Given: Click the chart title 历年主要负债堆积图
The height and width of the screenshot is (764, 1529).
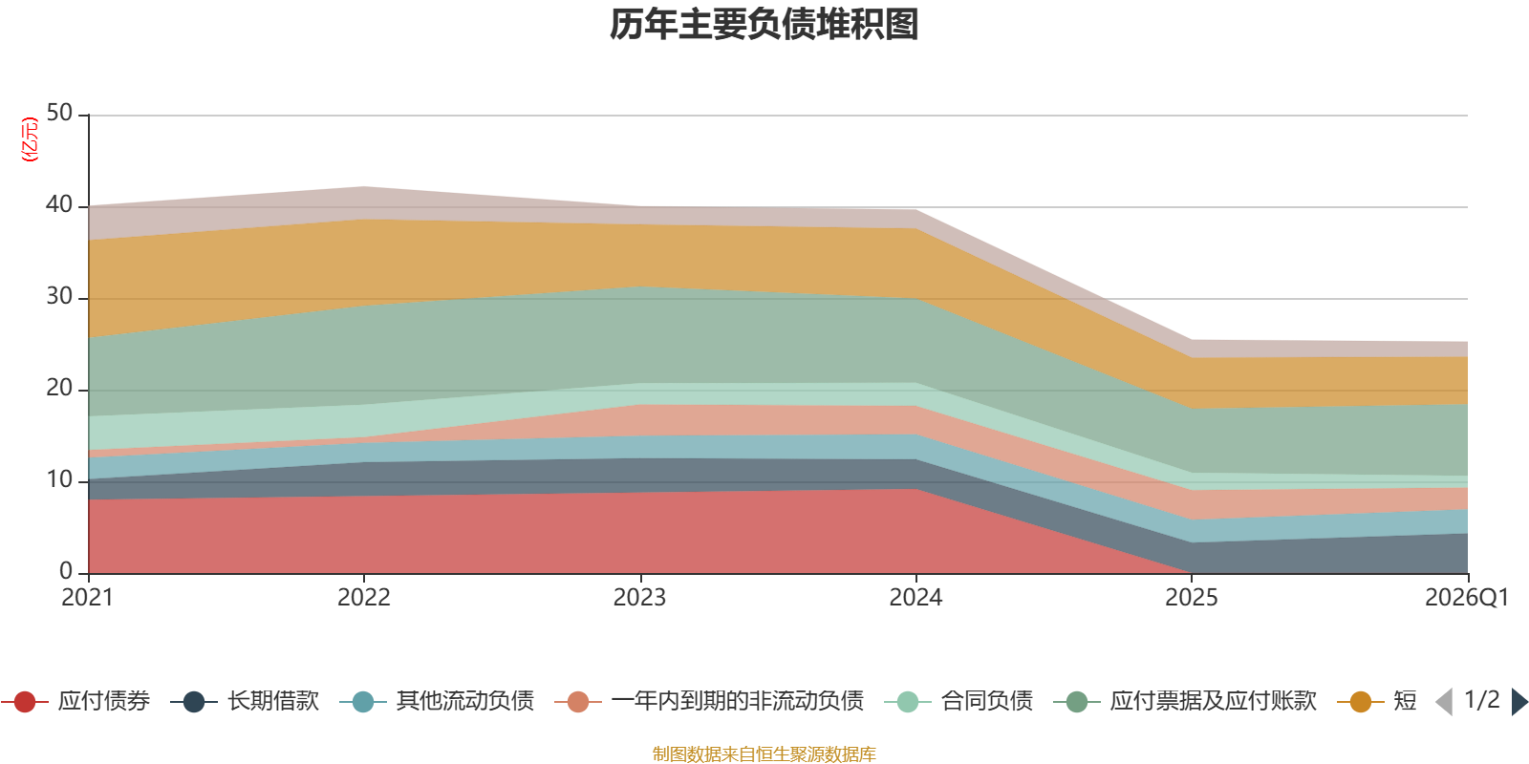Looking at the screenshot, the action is pos(764,25).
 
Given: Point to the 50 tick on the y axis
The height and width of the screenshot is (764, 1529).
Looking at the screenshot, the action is pos(59,113).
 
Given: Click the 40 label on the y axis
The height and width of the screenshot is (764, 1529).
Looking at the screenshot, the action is pos(59,204).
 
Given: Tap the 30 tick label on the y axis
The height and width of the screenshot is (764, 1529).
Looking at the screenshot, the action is pos(59,296).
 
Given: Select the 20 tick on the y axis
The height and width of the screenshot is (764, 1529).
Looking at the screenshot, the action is pos(59,388).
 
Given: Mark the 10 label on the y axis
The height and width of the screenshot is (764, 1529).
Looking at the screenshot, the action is pos(59,479).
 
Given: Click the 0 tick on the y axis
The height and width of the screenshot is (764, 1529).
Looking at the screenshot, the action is pos(66,571).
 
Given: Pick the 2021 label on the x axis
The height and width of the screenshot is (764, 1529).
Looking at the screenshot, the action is pos(87,598).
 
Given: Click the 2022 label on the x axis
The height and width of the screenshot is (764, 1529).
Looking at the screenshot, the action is pos(364,598).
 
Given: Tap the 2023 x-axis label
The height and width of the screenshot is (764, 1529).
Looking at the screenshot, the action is pos(639,598).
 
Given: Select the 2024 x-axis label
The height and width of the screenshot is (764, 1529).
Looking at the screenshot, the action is pos(916,598).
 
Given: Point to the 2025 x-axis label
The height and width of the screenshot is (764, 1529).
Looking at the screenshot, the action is pos(1192,598).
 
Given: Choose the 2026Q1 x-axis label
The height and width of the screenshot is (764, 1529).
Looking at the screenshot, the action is pos(1467,598).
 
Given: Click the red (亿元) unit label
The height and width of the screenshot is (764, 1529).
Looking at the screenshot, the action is pos(30,139).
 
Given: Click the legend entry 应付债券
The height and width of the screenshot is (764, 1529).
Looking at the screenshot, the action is pos(75,701).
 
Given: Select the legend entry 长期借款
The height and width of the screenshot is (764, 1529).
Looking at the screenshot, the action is pos(245,701).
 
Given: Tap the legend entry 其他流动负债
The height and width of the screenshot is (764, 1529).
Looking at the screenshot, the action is pos(437,701).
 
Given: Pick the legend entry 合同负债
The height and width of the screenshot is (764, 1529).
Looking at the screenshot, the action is pos(958,701).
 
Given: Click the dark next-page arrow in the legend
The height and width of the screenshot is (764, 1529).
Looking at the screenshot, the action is pos(1519,701).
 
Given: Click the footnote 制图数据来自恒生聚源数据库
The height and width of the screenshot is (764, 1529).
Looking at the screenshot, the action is pos(764,753).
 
